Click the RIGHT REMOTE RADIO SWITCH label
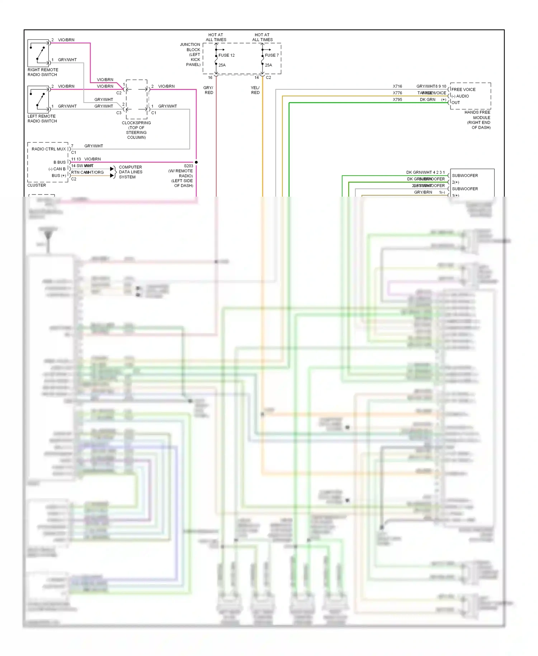43,72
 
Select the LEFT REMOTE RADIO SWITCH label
42,118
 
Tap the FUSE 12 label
226,55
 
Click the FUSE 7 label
272,55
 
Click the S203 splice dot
196,162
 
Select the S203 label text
188,166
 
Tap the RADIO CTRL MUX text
49,149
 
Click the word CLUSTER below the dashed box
37,185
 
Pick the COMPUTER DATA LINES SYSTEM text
131,172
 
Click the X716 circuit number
397,86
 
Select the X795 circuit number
397,99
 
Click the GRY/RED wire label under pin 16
208,90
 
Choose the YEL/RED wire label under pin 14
255,90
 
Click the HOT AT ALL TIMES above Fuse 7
262,37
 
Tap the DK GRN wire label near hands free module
428,99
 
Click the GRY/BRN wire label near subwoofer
423,192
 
